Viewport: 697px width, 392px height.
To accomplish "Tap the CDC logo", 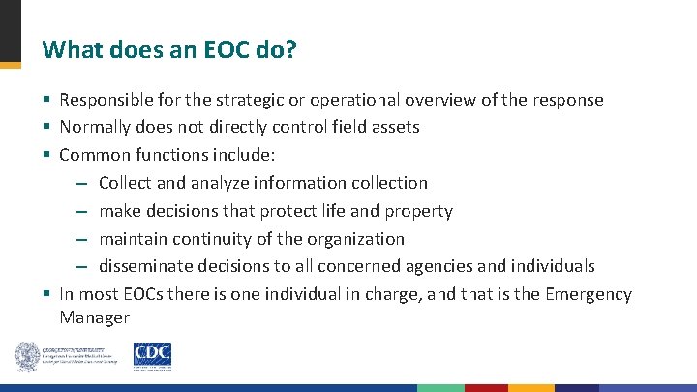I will pyautogui.click(x=152, y=356).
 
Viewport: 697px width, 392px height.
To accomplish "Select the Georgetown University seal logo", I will pyautogui.click(x=26, y=356).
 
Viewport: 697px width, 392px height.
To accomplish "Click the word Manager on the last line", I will pyautogui.click(x=94, y=317).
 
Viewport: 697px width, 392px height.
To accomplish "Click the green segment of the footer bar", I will pyautogui.click(x=440, y=388).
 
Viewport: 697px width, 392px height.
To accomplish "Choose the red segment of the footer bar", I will pyautogui.click(x=486, y=388).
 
